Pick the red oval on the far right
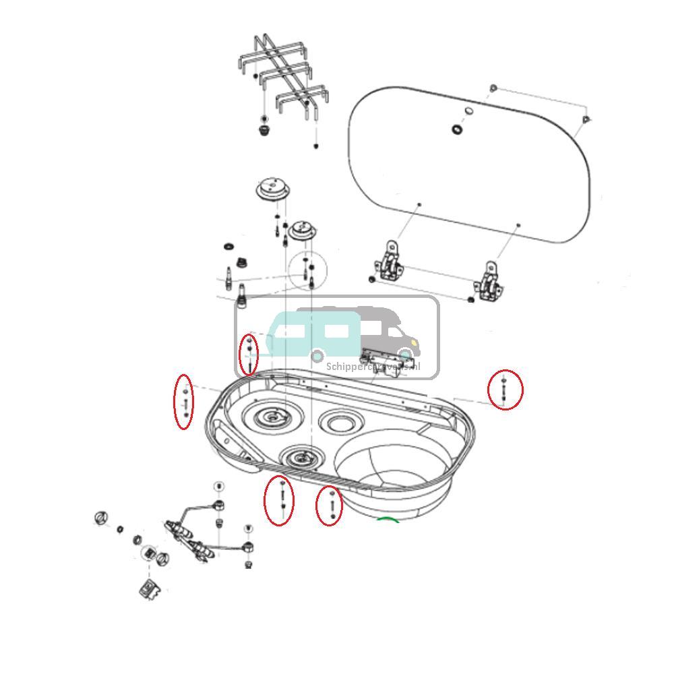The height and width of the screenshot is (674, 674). coord(506,390)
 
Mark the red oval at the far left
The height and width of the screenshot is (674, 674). coord(183,401)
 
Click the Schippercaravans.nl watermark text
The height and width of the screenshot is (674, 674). coord(373,367)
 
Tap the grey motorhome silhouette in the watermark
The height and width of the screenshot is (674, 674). coord(384,330)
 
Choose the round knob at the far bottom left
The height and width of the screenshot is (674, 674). coord(101,518)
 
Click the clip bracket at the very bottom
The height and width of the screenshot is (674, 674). coord(151,588)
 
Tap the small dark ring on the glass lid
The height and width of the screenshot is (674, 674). coord(458,129)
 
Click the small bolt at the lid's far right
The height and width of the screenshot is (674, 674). coord(585,120)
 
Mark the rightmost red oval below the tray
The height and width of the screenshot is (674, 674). coord(329,507)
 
